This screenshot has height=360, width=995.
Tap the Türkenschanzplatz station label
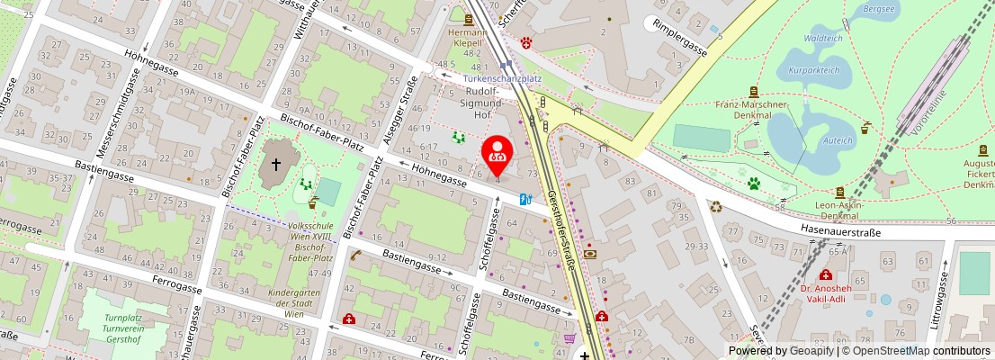[x=502, y=78]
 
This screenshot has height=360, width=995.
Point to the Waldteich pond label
[x=821, y=39]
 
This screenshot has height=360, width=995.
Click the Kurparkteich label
[x=813, y=69]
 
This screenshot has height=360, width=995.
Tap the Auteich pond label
[x=838, y=140]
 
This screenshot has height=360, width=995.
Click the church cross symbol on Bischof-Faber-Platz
[x=276, y=166]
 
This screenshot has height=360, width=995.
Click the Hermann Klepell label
[x=467, y=37]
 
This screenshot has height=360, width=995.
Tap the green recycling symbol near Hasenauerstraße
[x=715, y=206]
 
